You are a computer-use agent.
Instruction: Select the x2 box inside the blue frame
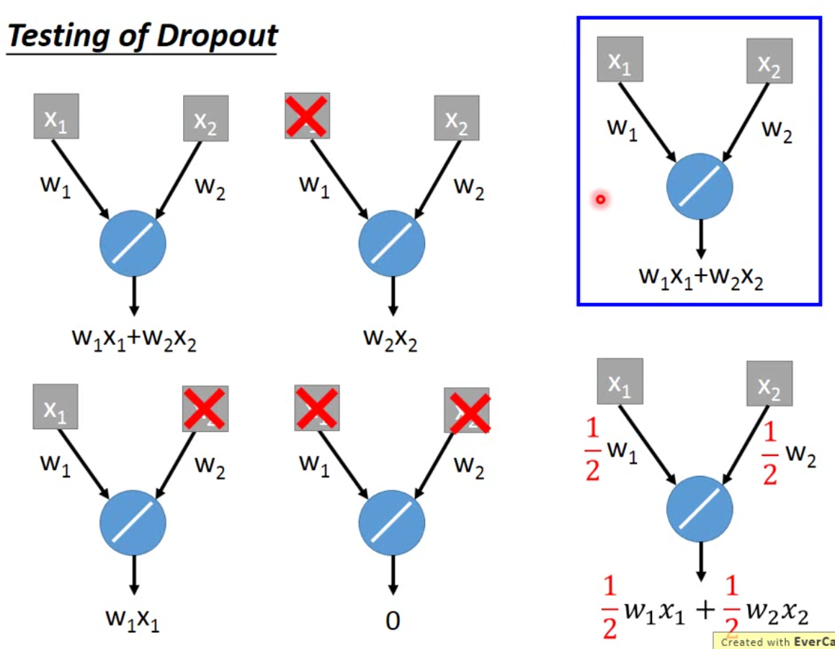pyautogui.click(x=769, y=61)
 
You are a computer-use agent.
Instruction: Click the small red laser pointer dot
pyautogui.click(x=599, y=199)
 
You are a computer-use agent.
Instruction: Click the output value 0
pyautogui.click(x=393, y=620)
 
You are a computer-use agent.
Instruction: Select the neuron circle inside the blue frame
pyautogui.click(x=700, y=186)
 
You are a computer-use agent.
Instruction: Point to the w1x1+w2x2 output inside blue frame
pyautogui.click(x=701, y=276)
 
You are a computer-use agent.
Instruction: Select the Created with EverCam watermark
pyautogui.click(x=774, y=641)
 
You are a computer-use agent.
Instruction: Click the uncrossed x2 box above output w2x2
pyautogui.click(x=457, y=118)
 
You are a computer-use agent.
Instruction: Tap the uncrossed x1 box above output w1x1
pyautogui.click(x=55, y=407)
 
